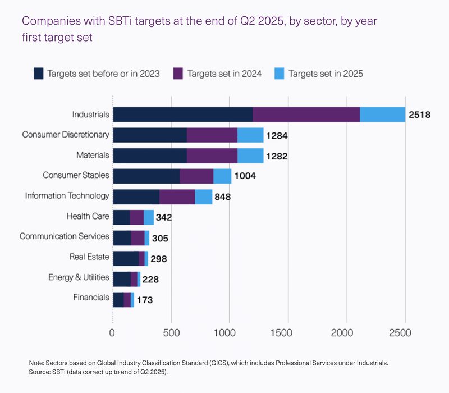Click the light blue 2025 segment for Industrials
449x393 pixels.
(383, 115)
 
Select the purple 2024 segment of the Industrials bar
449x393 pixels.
(306, 115)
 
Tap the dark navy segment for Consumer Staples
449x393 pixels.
(146, 176)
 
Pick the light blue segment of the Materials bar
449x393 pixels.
(250, 156)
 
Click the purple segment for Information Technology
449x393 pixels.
(177, 197)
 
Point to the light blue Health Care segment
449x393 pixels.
(149, 217)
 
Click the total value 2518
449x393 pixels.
(419, 115)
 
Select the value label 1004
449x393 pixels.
(245, 176)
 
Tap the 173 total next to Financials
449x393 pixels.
(145, 300)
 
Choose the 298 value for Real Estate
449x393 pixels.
(159, 259)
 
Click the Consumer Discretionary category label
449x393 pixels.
(66, 135)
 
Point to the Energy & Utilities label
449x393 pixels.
(79, 277)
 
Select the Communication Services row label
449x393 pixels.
(65, 236)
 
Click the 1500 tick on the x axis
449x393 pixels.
(282, 333)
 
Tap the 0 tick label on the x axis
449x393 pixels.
(112, 333)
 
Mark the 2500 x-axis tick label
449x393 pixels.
(400, 333)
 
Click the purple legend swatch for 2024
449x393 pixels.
(178, 74)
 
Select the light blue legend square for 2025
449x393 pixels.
(279, 74)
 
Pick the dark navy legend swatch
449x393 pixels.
(39, 74)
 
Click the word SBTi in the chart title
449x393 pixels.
(120, 21)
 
